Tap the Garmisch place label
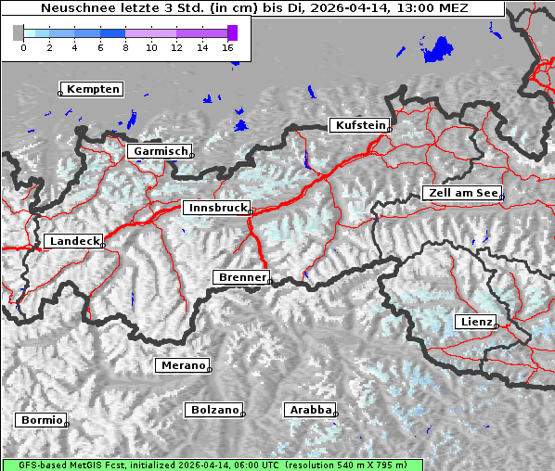[161, 151]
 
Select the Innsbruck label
[217, 209]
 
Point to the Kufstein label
[360, 125]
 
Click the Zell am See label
[461, 193]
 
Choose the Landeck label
[73, 241]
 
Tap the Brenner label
[242, 277]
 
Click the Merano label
[183, 365]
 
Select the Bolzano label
[215, 410]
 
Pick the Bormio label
[42, 420]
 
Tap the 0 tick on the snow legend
[23, 47]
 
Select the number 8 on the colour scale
[125, 47]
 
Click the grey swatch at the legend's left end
[18, 32]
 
